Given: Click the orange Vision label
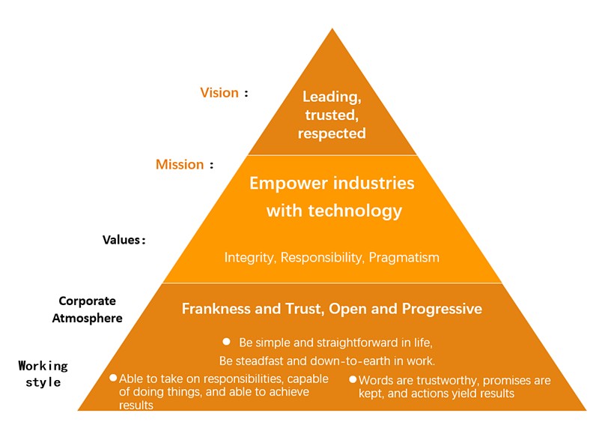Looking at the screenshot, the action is click(x=219, y=93).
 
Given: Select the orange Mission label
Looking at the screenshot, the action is click(x=180, y=164).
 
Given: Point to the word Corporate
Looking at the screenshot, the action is click(x=87, y=301).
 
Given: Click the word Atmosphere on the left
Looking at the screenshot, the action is click(x=87, y=318).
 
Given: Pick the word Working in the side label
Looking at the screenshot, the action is click(x=43, y=367).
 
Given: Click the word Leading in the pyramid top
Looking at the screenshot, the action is click(x=332, y=97).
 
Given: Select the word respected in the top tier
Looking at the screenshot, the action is click(x=332, y=133).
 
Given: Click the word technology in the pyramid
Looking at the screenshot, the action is click(x=355, y=211).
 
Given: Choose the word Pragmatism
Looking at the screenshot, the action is click(x=404, y=258).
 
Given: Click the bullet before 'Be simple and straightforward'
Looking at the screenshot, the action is click(x=227, y=341).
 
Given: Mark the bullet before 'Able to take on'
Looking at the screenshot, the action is click(x=113, y=378).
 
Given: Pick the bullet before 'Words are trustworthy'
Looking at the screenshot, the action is click(x=353, y=379).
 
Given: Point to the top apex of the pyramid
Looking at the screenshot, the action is click(x=332, y=28).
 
